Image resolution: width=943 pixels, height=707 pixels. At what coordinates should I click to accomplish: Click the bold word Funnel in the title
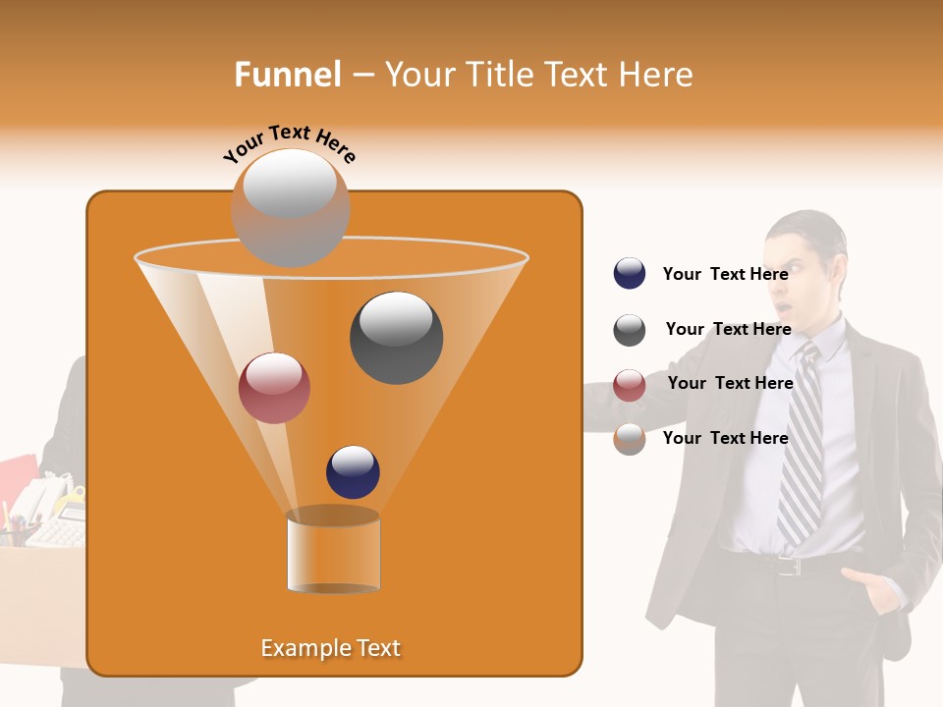pyautogui.click(x=287, y=75)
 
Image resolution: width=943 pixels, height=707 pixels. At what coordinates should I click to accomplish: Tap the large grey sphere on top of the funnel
pyautogui.click(x=290, y=207)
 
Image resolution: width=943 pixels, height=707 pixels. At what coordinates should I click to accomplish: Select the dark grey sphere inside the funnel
pyautogui.click(x=396, y=337)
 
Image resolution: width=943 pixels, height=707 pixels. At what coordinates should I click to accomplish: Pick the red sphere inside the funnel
pyautogui.click(x=274, y=388)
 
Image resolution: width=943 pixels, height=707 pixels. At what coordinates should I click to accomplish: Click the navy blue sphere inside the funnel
pyautogui.click(x=353, y=471)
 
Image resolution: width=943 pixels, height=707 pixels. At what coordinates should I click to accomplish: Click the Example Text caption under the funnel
pyautogui.click(x=330, y=648)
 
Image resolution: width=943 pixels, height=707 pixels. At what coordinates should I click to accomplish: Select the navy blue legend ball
pyautogui.click(x=630, y=273)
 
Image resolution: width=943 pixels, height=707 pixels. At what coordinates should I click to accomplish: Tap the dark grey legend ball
pyautogui.click(x=630, y=330)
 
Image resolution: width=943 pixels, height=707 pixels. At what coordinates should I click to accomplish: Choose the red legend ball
pyautogui.click(x=630, y=385)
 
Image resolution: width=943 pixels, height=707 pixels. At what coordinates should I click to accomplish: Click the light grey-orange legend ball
pyautogui.click(x=630, y=439)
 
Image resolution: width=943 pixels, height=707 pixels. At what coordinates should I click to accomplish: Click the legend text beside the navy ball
pyautogui.click(x=725, y=274)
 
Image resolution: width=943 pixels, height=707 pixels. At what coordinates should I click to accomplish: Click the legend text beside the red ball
pyautogui.click(x=730, y=383)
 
